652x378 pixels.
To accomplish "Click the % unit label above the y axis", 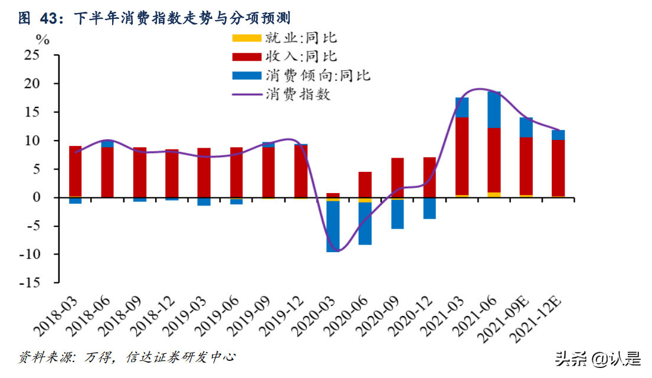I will (42, 40).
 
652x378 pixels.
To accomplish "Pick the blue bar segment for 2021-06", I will (494, 109).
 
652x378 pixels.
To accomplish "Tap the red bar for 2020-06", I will (365, 185).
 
